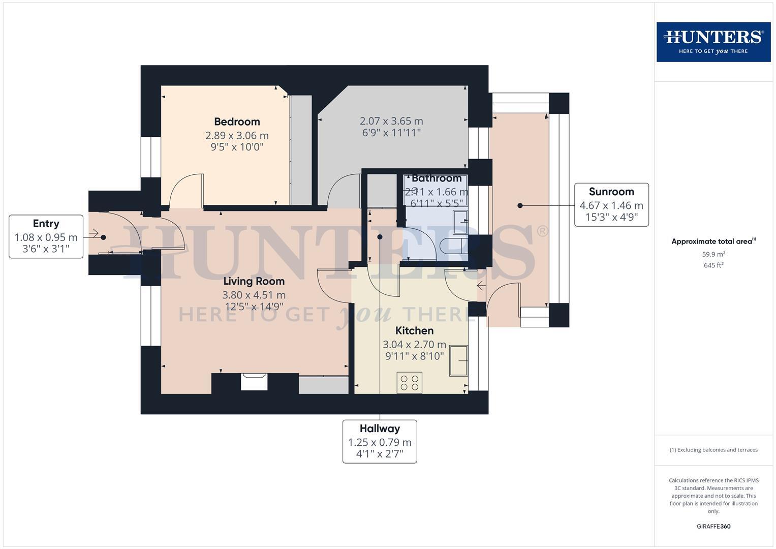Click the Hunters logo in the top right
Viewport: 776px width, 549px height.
(713, 42)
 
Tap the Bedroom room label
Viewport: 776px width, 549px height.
(237, 121)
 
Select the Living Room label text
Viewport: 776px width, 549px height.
(254, 281)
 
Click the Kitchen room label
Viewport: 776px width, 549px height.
(414, 330)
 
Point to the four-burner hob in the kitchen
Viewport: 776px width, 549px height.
(409, 383)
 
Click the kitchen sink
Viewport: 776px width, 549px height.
(458, 360)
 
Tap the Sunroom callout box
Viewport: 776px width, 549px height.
(611, 205)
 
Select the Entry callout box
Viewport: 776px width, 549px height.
(46, 236)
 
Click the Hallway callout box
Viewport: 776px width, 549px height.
(380, 441)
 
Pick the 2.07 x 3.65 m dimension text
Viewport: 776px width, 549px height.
(391, 121)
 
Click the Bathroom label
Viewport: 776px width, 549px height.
(437, 178)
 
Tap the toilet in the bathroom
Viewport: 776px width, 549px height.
(452, 246)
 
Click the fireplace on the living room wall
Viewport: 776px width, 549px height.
(254, 381)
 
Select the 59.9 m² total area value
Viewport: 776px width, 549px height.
(713, 254)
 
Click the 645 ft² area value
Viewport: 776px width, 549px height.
(713, 265)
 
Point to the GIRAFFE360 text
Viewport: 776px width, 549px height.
(713, 526)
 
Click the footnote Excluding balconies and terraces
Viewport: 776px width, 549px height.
(713, 450)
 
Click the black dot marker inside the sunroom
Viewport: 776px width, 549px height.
(520, 205)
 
